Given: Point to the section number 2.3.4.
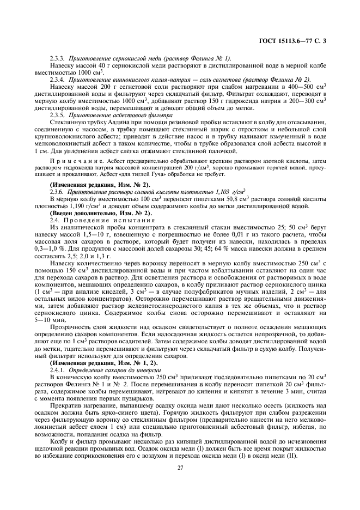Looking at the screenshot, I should [x=57, y=80].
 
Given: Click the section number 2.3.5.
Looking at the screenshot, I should [x=57, y=114].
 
